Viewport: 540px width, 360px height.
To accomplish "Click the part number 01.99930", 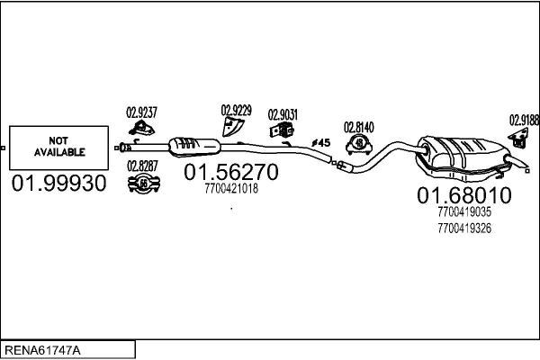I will pyautogui.click(x=58, y=184).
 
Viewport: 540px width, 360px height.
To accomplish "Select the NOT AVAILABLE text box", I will pyautogui.click(x=58, y=147).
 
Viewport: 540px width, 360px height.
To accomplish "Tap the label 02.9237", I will pyautogui.click(x=141, y=112).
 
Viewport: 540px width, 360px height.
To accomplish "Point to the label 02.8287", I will pyautogui.click(x=142, y=165).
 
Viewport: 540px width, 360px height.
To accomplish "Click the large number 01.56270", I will pyautogui.click(x=231, y=172).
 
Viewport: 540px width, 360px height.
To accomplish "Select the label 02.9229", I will pyautogui.click(x=236, y=111).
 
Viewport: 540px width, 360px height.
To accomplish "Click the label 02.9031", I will pyautogui.click(x=284, y=115).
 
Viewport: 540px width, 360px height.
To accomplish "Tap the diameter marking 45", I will pyautogui.click(x=321, y=143).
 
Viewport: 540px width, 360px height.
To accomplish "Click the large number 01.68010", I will pyautogui.click(x=463, y=195).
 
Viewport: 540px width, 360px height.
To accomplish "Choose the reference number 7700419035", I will pyautogui.click(x=463, y=213).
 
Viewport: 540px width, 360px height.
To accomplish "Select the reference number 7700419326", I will pyautogui.click(x=463, y=228).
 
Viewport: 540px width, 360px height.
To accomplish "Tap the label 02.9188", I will pyautogui.click(x=524, y=119).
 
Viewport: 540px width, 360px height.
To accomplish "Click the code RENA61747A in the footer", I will pyautogui.click(x=42, y=349).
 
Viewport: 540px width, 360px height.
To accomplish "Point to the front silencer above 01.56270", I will pyautogui.click(x=193, y=146).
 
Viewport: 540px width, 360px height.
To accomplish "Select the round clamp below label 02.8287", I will pyautogui.click(x=143, y=184).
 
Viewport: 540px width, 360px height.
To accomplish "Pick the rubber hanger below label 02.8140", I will pyautogui.click(x=360, y=145).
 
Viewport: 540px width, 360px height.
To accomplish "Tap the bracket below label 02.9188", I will pyautogui.click(x=519, y=139).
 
